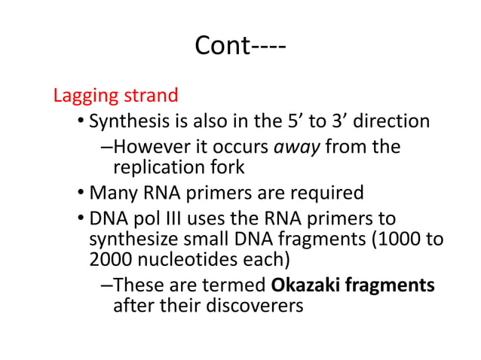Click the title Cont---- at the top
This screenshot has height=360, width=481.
pyautogui.click(x=240, y=46)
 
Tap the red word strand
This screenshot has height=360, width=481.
pyautogui.click(x=149, y=96)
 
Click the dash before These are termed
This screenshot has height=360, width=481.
pyautogui.click(x=105, y=286)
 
